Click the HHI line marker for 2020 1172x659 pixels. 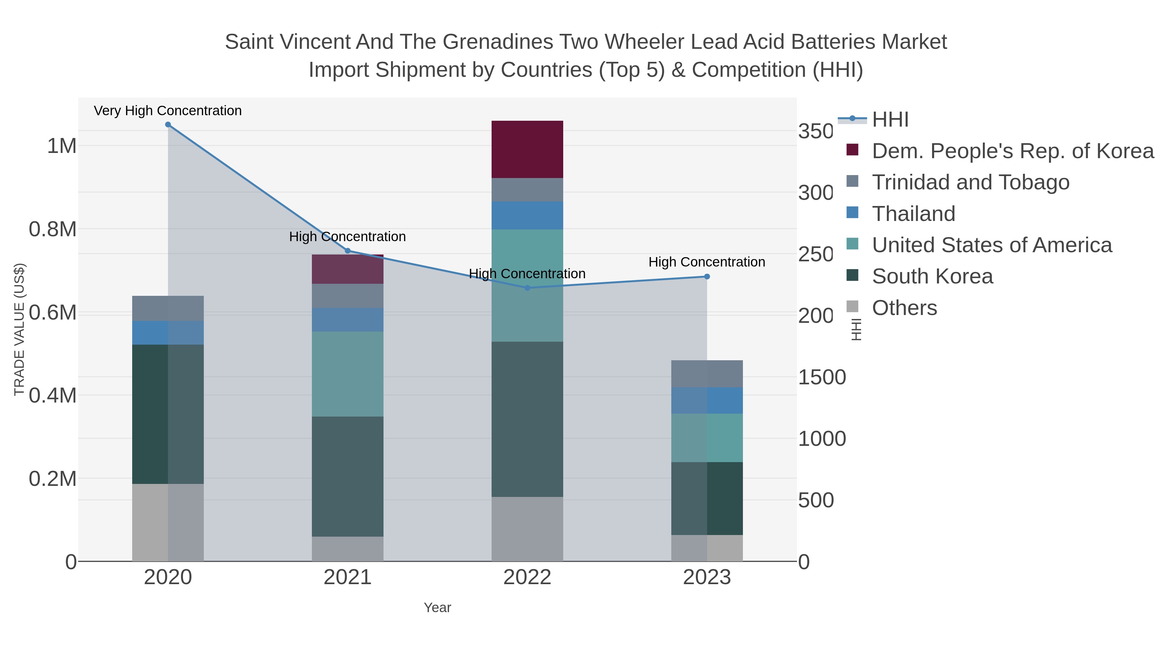(x=168, y=125)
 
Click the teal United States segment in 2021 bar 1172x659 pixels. (x=348, y=374)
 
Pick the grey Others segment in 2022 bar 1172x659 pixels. (x=527, y=529)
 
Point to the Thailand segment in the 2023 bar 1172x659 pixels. (x=707, y=400)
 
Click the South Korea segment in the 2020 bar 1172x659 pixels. (x=168, y=414)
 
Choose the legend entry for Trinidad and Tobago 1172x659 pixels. (x=970, y=182)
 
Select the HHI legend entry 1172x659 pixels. (x=890, y=120)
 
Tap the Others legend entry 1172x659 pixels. (x=904, y=308)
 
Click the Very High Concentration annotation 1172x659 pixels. (x=168, y=111)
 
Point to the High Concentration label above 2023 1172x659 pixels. (x=706, y=262)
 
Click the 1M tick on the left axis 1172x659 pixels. (x=62, y=146)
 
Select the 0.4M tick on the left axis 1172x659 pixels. (x=53, y=395)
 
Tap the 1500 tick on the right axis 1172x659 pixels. (x=822, y=377)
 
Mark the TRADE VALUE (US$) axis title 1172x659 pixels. (x=19, y=329)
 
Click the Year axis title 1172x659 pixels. (x=437, y=608)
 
